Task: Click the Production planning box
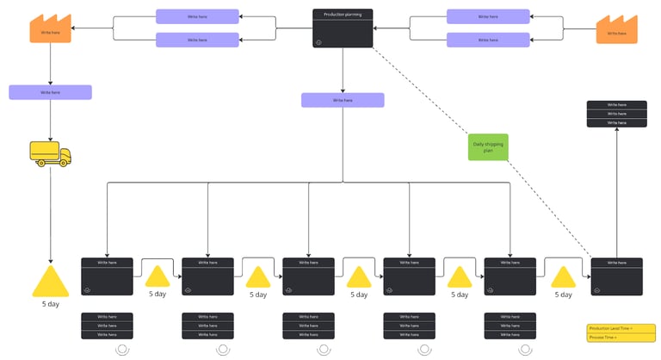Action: click(343, 28)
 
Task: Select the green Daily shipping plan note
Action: click(488, 146)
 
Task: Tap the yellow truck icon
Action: click(50, 154)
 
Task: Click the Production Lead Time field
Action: click(620, 328)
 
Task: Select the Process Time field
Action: click(620, 338)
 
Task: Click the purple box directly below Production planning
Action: click(343, 101)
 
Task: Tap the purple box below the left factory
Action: click(50, 92)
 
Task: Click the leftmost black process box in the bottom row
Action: click(107, 276)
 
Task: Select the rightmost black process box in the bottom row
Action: click(616, 276)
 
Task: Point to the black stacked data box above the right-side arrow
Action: click(616, 114)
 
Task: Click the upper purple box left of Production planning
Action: click(197, 16)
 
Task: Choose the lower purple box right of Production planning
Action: click(488, 40)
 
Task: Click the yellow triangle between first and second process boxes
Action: click(158, 276)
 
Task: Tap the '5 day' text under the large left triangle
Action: click(50, 304)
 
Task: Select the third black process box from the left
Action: click(308, 276)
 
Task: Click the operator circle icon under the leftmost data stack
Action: click(122, 349)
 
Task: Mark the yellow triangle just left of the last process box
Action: click(563, 276)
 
